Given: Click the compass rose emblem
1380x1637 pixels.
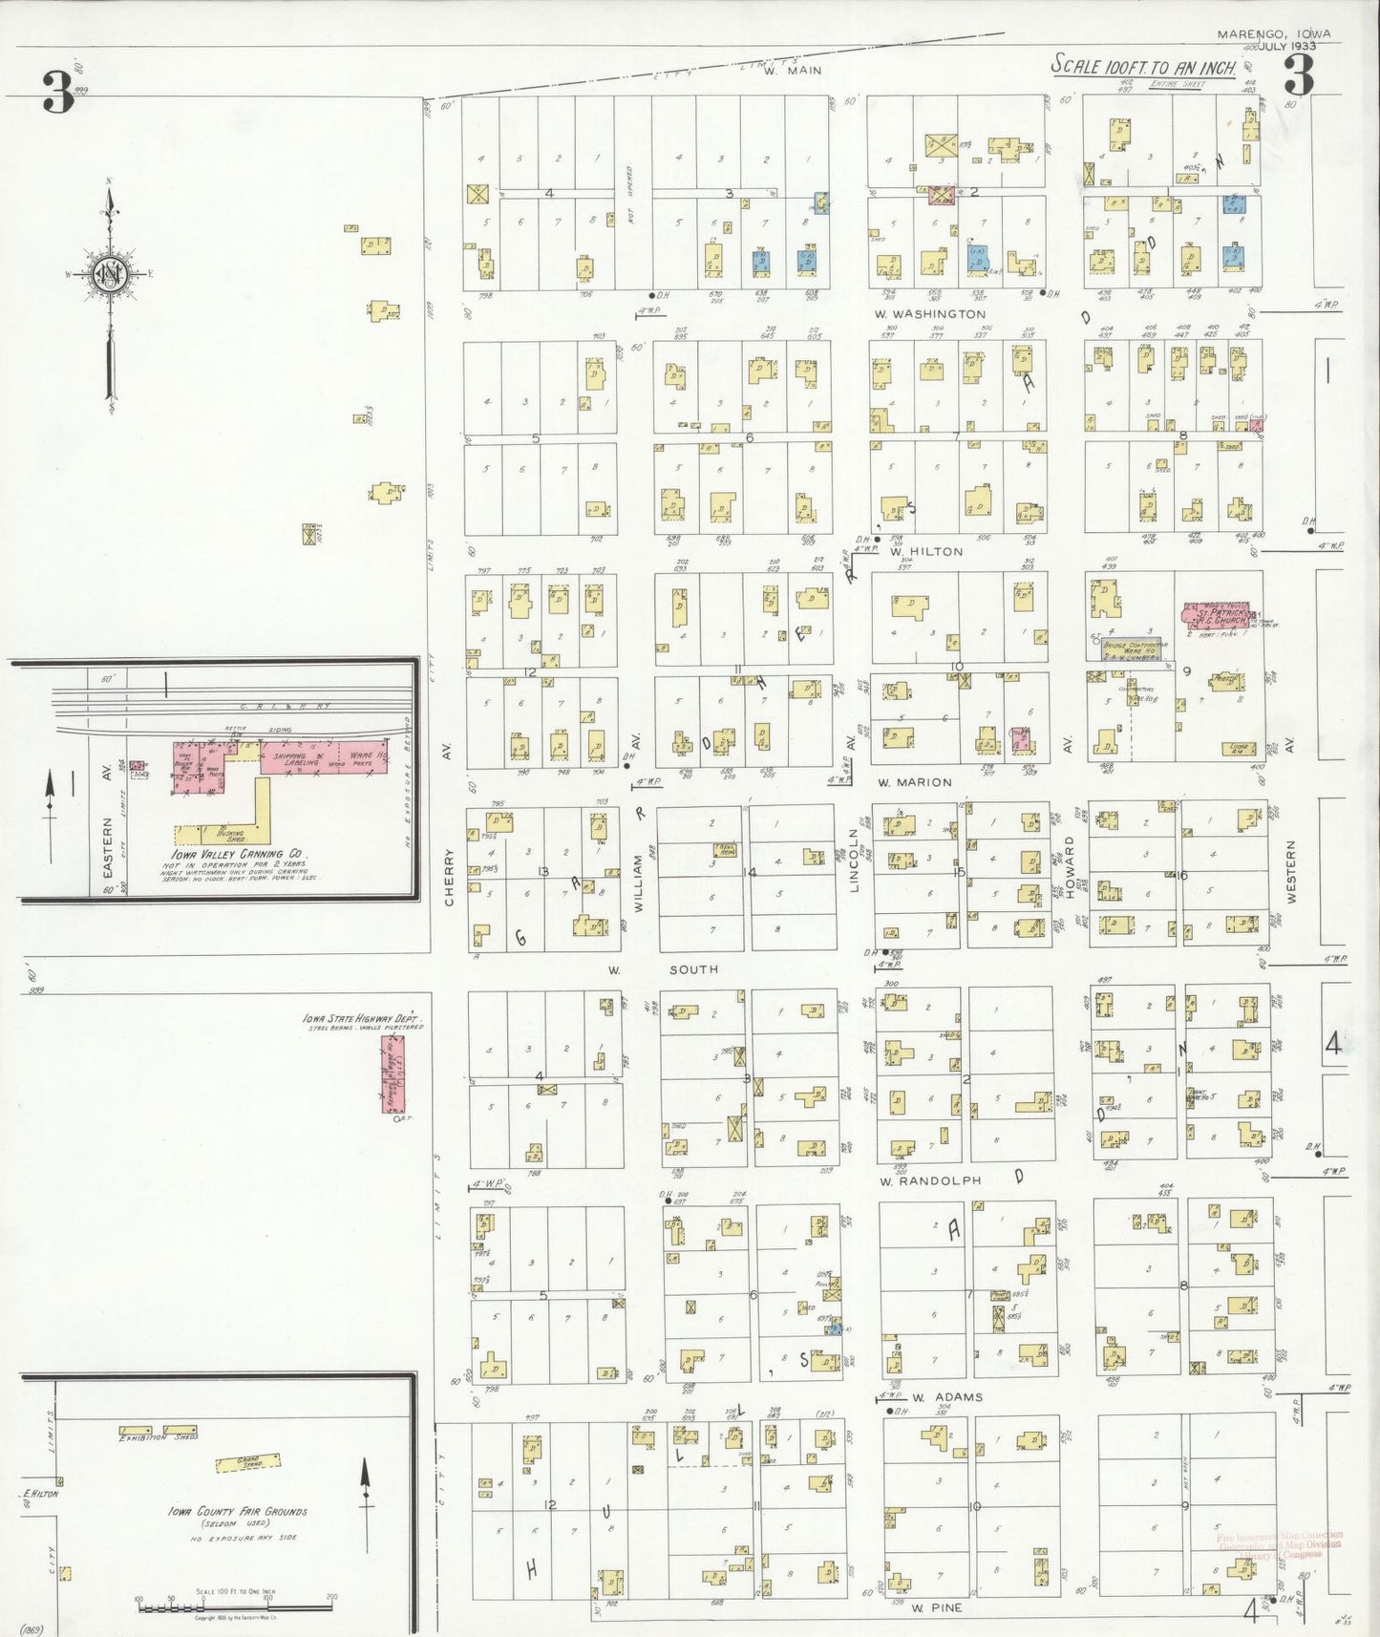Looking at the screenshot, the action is tap(110, 275).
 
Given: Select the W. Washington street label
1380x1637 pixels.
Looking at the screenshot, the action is tap(930, 314).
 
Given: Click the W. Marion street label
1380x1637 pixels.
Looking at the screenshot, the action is tap(915, 782).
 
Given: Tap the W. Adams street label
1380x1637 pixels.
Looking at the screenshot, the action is tap(946, 1397).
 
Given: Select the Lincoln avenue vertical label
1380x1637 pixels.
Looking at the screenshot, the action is tap(855, 860).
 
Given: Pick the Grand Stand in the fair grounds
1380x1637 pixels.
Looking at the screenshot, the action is tap(247, 1462).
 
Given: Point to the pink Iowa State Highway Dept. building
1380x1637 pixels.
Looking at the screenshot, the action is tap(393, 1074).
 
